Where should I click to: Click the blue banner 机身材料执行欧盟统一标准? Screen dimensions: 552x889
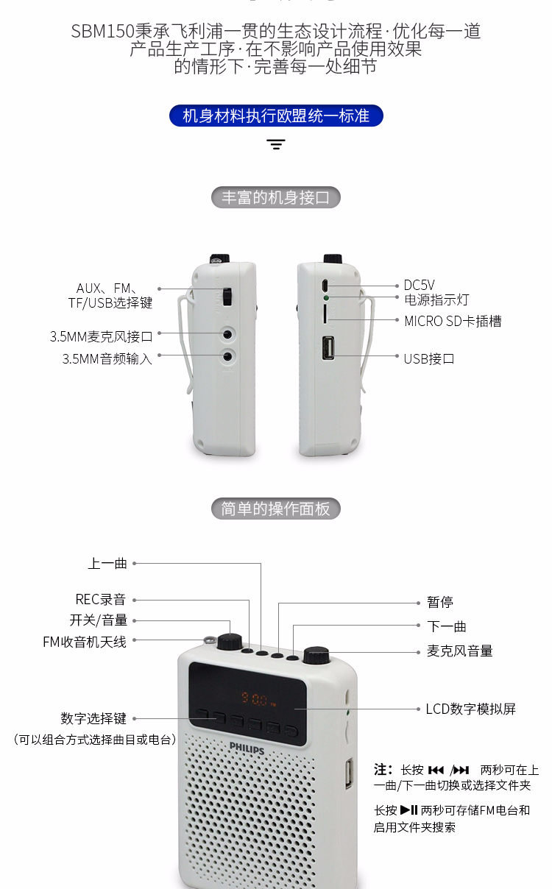pos(276,116)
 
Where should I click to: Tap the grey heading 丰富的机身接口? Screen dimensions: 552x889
pos(276,197)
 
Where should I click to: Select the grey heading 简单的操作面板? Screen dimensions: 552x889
pos(276,509)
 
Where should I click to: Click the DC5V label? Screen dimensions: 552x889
pos(419,285)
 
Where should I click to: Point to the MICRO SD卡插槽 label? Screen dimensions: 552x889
pos(453,321)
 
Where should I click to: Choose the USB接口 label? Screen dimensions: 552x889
pos(429,359)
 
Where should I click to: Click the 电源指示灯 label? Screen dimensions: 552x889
pos(436,300)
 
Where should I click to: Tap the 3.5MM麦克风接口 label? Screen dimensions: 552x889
pos(101,336)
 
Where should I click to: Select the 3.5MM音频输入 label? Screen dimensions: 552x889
pos(107,359)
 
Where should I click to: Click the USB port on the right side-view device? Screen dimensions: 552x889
pos(328,348)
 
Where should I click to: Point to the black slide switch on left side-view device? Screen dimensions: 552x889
pos(227,297)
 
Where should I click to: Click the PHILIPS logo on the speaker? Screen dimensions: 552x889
pos(247,748)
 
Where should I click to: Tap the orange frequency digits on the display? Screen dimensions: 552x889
pos(254,698)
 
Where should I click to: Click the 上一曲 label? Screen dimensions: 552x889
pos(107,563)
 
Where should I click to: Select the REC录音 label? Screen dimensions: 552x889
pos(101,599)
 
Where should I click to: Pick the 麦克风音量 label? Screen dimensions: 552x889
pos(459,651)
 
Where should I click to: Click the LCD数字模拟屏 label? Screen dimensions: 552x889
pos(470,709)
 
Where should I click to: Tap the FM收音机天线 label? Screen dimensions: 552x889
pos(85,642)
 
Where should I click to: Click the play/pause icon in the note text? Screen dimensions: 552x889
pos(408,810)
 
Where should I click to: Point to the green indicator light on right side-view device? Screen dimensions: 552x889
pos(326,297)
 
